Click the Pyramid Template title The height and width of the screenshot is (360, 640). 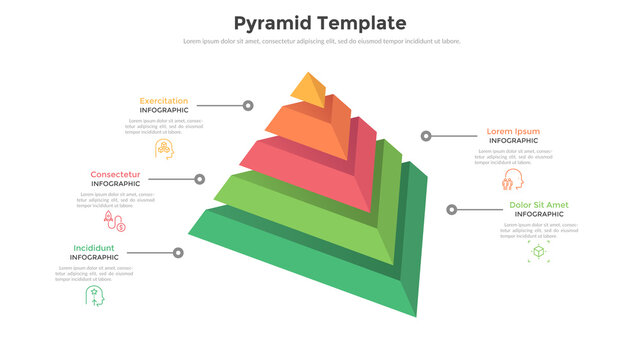tap(320, 23)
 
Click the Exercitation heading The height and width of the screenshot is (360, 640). tap(164, 101)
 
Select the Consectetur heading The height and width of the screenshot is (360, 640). tap(116, 174)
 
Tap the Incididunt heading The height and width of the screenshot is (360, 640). tap(94, 248)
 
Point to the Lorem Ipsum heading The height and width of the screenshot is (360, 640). tap(513, 131)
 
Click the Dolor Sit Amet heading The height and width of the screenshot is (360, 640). tap(538, 205)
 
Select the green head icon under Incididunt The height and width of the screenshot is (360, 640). tap(94, 296)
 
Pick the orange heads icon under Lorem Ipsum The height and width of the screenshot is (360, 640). tap(513, 181)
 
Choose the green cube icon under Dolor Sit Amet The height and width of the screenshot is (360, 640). tap(538, 252)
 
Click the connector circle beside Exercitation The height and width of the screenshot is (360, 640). tap(247, 106)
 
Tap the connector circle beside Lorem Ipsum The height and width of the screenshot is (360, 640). tap(426, 136)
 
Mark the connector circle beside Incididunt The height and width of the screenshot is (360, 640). tap(178, 253)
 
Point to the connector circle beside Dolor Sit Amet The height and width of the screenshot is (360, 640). tap(452, 210)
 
